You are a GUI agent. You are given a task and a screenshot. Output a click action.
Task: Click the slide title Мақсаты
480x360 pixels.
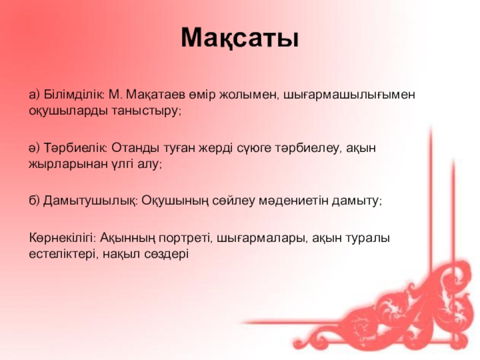coord(239,38)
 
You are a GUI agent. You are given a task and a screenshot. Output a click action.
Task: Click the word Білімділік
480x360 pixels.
coord(74,94)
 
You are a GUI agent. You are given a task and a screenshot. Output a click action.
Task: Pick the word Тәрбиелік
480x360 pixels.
coord(75,148)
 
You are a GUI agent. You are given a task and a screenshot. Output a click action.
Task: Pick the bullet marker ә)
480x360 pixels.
coord(35,148)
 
